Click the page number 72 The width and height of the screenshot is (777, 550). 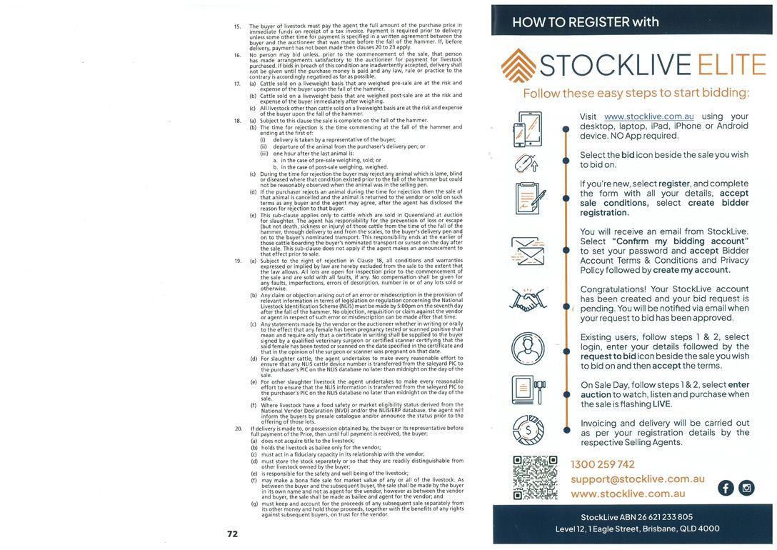[x=232, y=534]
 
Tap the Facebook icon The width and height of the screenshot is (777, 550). [x=726, y=488]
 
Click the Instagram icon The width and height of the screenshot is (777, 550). [x=746, y=488]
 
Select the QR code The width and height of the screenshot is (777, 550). [x=535, y=477]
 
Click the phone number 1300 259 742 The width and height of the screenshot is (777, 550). [x=603, y=465]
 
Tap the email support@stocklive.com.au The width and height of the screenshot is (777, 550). [x=638, y=479]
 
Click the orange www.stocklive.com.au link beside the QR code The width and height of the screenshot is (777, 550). [x=628, y=493]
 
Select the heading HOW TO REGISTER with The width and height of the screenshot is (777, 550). [x=586, y=22]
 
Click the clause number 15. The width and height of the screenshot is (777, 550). [x=238, y=26]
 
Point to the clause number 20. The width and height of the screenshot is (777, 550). [x=239, y=428]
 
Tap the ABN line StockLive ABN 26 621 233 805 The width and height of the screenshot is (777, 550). [x=637, y=516]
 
